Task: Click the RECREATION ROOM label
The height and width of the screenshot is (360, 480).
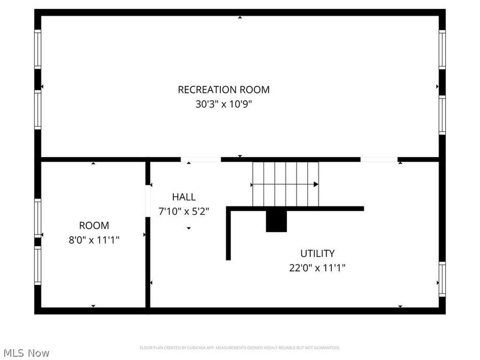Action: pyautogui.click(x=223, y=90)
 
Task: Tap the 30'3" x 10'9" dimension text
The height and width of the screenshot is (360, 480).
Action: pyautogui.click(x=223, y=104)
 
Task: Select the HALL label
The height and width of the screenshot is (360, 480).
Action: pyautogui.click(x=184, y=197)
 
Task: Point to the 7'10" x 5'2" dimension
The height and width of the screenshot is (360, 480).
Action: pyautogui.click(x=184, y=211)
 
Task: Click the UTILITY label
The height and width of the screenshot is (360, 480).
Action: pyautogui.click(x=317, y=254)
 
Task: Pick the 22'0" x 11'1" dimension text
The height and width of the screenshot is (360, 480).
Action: pyautogui.click(x=317, y=268)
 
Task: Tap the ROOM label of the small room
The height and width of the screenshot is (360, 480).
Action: pyautogui.click(x=94, y=226)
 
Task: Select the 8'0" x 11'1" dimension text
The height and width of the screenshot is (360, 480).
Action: pyautogui.click(x=94, y=240)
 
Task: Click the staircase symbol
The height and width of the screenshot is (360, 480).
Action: pyautogui.click(x=285, y=183)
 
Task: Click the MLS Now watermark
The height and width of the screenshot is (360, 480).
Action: pyautogui.click(x=26, y=353)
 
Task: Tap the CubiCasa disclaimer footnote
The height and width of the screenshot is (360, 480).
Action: pyautogui.click(x=239, y=347)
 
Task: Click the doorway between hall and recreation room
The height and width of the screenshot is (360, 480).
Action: pyautogui.click(x=201, y=160)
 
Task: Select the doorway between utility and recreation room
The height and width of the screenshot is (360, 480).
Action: pyautogui.click(x=379, y=160)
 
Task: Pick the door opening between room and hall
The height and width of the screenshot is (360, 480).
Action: pyautogui.click(x=148, y=200)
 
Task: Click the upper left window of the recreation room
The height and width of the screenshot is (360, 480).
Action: pyautogui.click(x=38, y=49)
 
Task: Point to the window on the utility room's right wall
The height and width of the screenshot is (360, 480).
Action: pyautogui.click(x=442, y=279)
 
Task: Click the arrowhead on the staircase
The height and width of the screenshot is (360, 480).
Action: pyautogui.click(x=316, y=184)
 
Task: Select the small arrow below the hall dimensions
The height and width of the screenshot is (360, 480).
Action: pyautogui.click(x=188, y=229)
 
